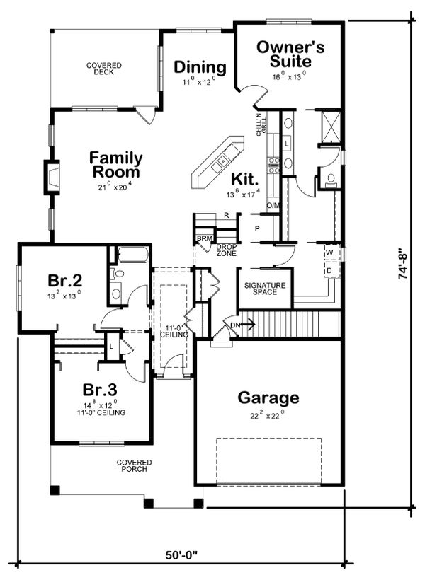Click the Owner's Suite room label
click(290, 54)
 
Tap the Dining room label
click(200, 67)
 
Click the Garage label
click(268, 397)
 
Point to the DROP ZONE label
click(227, 250)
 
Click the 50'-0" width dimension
click(181, 556)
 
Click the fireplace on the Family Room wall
click(52, 178)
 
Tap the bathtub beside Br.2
click(132, 255)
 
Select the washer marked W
click(330, 253)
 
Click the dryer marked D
click(330, 271)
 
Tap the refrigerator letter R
click(226, 215)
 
